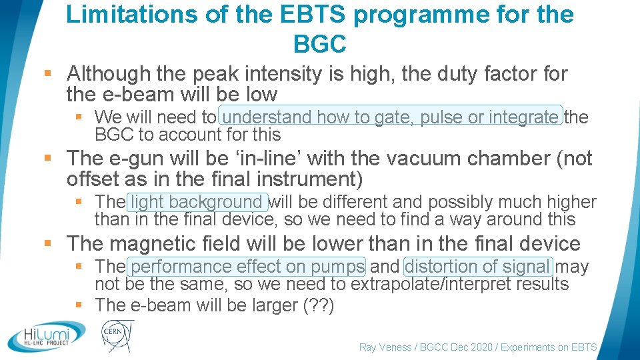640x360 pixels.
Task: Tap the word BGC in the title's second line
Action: [x=320, y=43]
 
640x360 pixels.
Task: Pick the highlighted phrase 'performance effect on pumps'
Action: [x=247, y=267]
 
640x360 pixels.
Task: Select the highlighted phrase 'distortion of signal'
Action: [x=477, y=267]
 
